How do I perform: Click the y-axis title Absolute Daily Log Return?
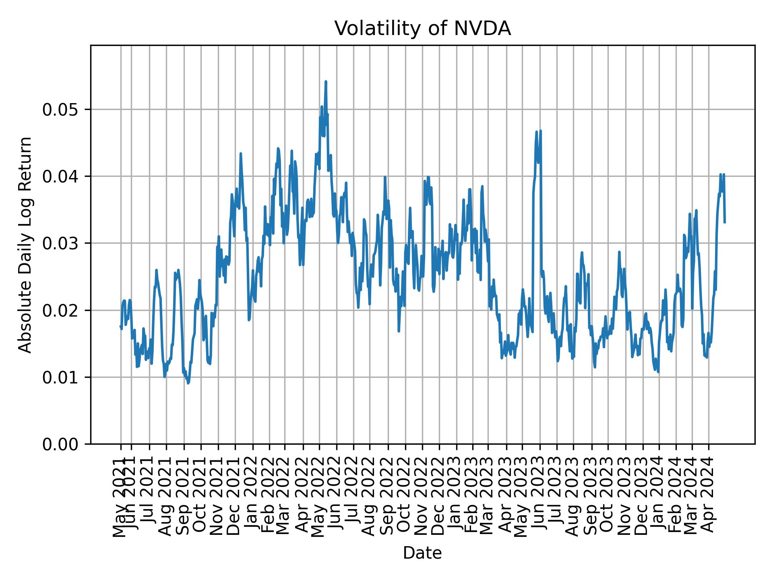pos(26,244)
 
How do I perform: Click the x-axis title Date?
pos(422,553)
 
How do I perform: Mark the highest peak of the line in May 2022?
pos(326,82)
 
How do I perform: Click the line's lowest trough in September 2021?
pos(188,383)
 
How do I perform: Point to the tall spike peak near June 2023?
pos(540,130)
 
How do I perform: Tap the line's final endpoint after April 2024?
pos(725,222)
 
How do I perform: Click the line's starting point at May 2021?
pos(120,326)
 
